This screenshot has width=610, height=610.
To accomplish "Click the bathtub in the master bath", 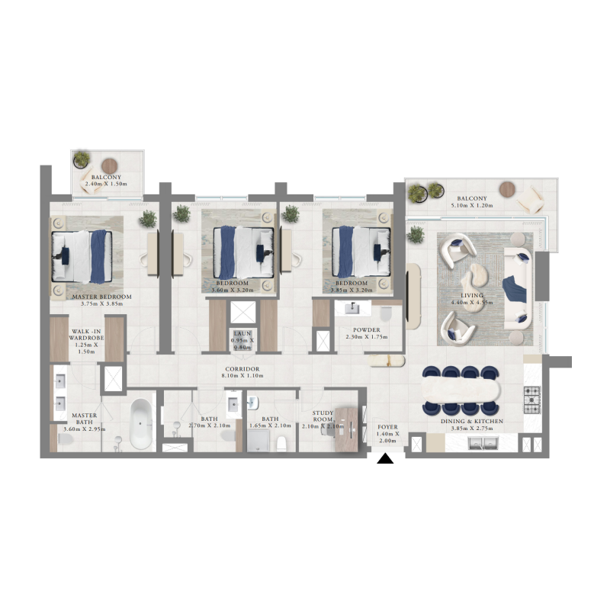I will (x=140, y=424).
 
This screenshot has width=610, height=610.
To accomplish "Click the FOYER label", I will (x=388, y=428).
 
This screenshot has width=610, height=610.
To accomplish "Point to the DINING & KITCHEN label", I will (x=471, y=421).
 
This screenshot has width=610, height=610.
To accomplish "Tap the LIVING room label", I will (x=473, y=295).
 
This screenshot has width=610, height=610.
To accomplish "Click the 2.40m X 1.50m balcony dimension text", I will (x=105, y=185).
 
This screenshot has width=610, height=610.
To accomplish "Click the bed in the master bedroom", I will (x=82, y=255).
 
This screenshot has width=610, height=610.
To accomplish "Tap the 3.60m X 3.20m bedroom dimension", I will (x=230, y=290).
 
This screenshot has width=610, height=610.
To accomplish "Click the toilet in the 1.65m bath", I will (x=281, y=443).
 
